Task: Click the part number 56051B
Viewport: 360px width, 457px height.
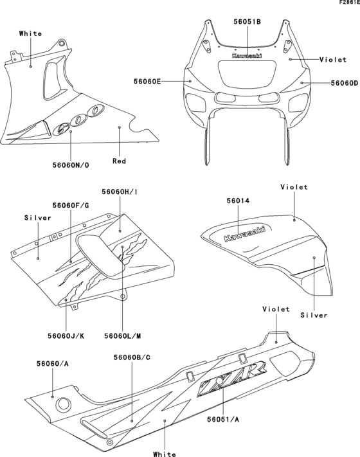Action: (x=247, y=21)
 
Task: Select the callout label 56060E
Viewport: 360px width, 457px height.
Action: (x=147, y=82)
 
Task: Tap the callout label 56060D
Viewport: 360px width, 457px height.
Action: (x=344, y=83)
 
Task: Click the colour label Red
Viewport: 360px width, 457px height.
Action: (x=120, y=161)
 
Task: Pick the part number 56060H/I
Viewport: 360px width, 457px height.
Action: (x=120, y=192)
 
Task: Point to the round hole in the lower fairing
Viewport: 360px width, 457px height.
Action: (x=64, y=404)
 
